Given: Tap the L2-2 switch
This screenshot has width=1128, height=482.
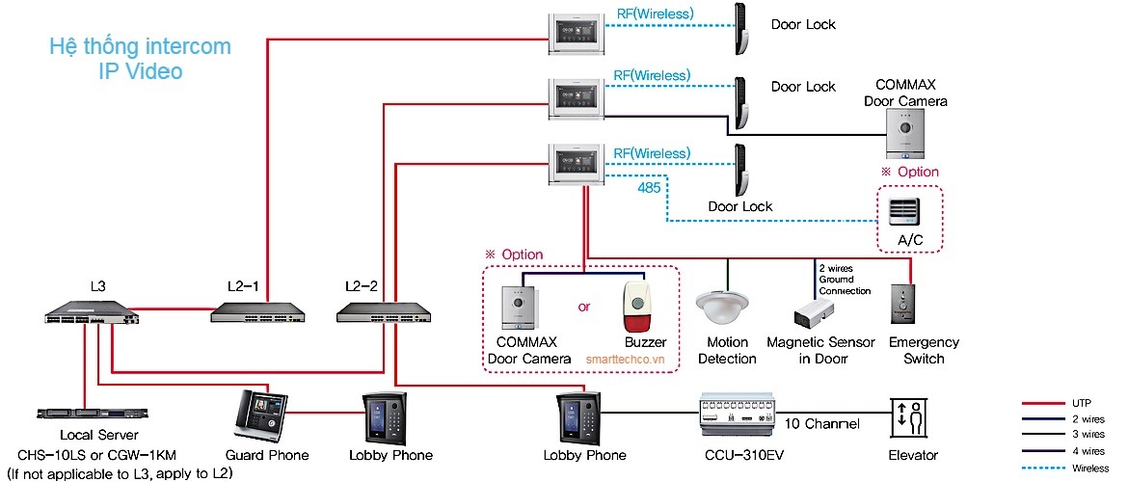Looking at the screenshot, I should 383,311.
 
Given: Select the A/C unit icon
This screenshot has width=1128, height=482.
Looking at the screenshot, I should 904,211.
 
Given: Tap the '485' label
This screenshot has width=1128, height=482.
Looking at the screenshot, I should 648,189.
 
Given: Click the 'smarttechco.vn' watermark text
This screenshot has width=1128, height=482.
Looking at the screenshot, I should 631,358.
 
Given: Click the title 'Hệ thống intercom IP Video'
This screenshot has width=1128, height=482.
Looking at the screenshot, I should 140,58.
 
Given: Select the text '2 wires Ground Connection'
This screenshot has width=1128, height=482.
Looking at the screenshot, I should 845,279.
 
